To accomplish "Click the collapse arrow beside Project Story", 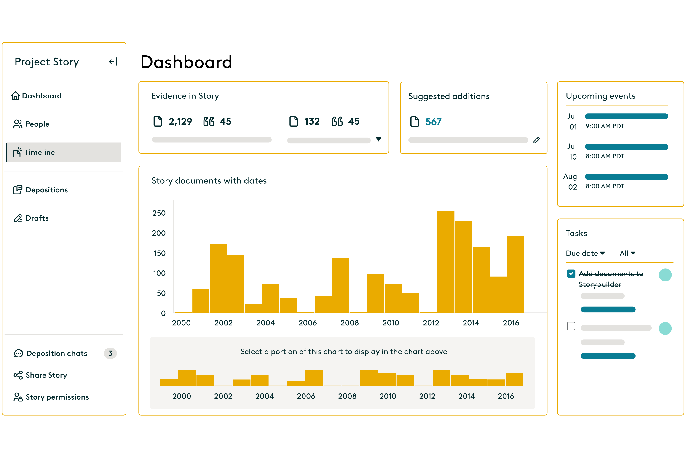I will (x=113, y=62).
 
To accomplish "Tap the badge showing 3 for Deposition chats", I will (x=110, y=353).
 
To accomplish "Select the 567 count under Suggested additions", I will (x=433, y=122).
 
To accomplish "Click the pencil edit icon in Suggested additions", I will (x=537, y=140).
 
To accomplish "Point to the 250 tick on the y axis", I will (x=159, y=213).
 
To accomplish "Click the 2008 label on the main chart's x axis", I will (x=349, y=323).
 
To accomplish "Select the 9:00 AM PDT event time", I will (x=605, y=126).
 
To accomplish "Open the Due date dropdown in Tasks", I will (x=585, y=253).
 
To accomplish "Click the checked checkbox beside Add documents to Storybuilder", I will (x=571, y=274).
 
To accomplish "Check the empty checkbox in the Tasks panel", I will (x=571, y=326).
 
